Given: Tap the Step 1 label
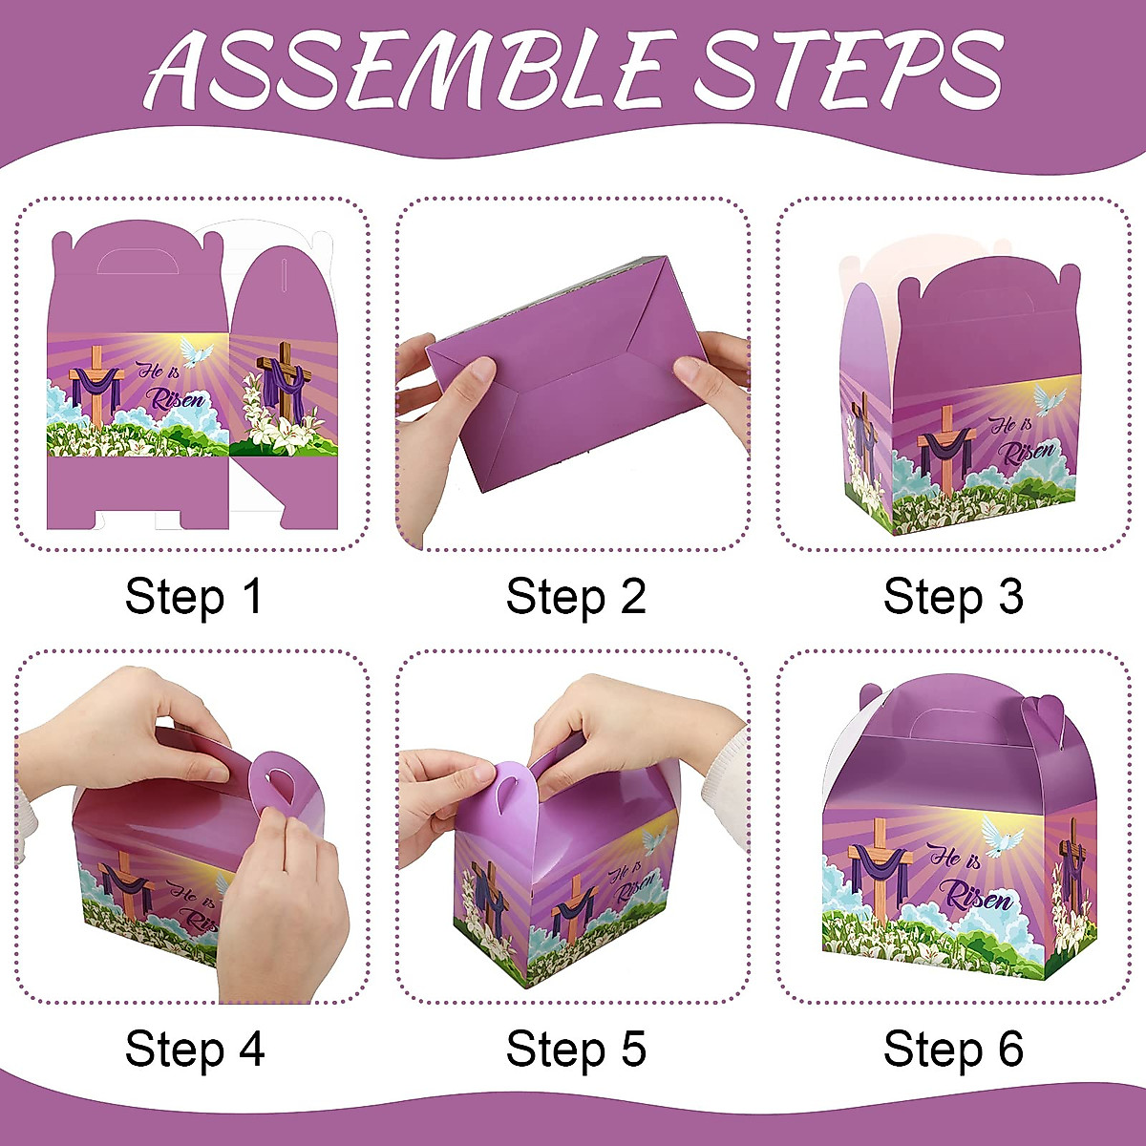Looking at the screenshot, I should (193, 597).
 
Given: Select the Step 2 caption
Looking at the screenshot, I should (576, 597).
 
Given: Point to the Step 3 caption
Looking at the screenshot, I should (953, 597).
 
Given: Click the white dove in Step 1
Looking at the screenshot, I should (198, 353).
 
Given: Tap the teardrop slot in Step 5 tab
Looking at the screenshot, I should (507, 788).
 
